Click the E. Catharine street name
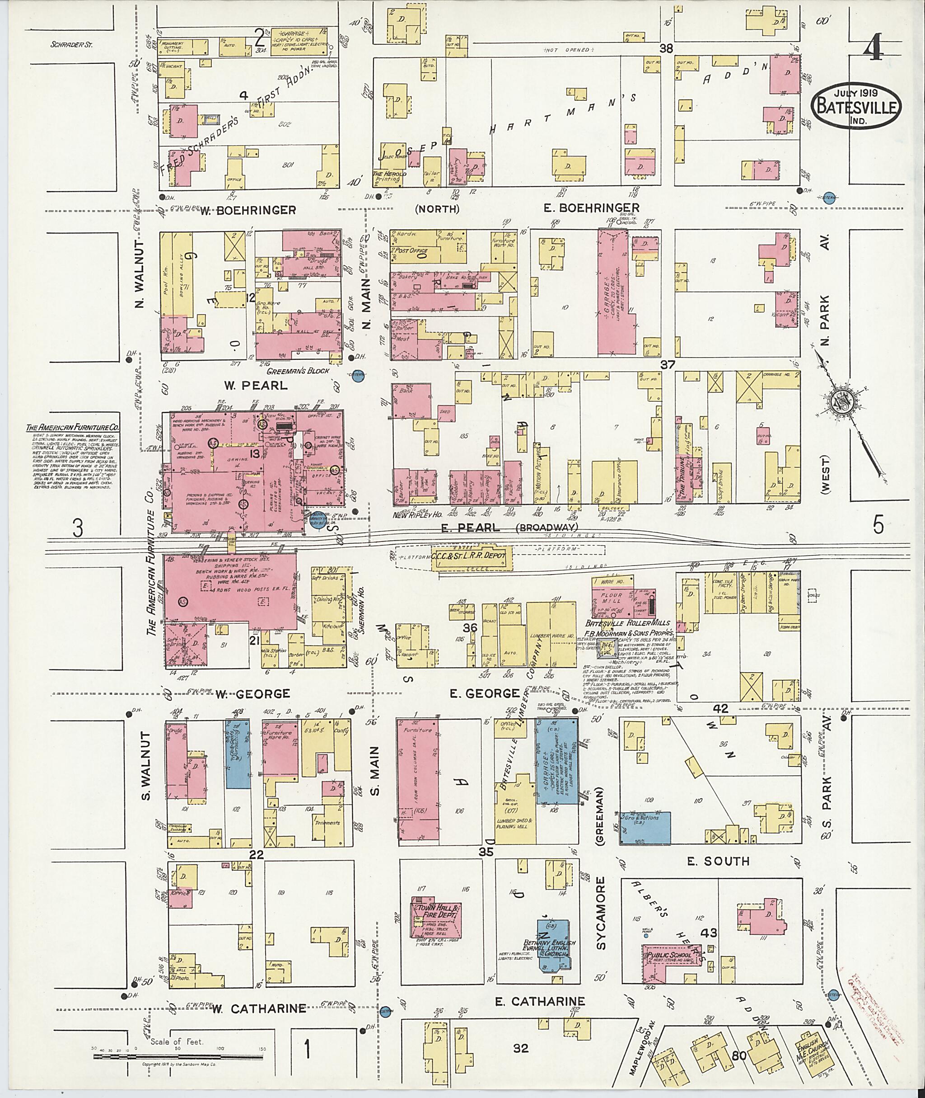[x=540, y=1001]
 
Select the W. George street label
[x=252, y=694]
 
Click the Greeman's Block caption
[x=298, y=371]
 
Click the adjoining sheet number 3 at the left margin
[x=78, y=528]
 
